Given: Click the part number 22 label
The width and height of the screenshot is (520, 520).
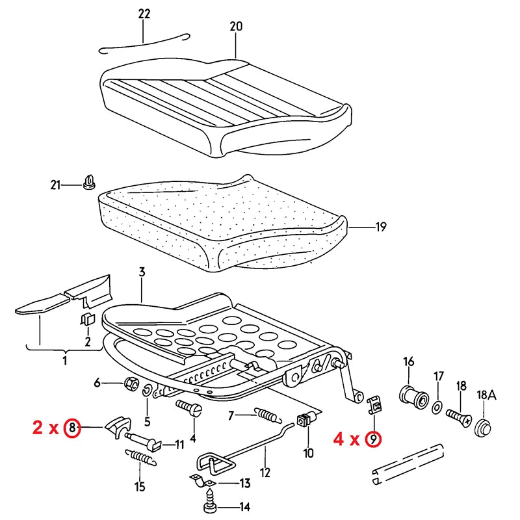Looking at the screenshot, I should (x=144, y=14).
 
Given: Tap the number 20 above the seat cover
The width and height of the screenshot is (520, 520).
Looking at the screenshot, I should (x=235, y=27).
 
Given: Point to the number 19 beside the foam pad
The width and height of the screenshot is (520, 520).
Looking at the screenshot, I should (x=380, y=227).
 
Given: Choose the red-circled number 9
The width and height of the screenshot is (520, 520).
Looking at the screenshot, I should (x=372, y=439).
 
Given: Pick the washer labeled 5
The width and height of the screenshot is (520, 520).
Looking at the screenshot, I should (x=148, y=390).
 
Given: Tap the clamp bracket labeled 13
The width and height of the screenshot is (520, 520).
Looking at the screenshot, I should (x=201, y=482).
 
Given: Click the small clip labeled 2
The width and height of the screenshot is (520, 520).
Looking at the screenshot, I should (x=88, y=320).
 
